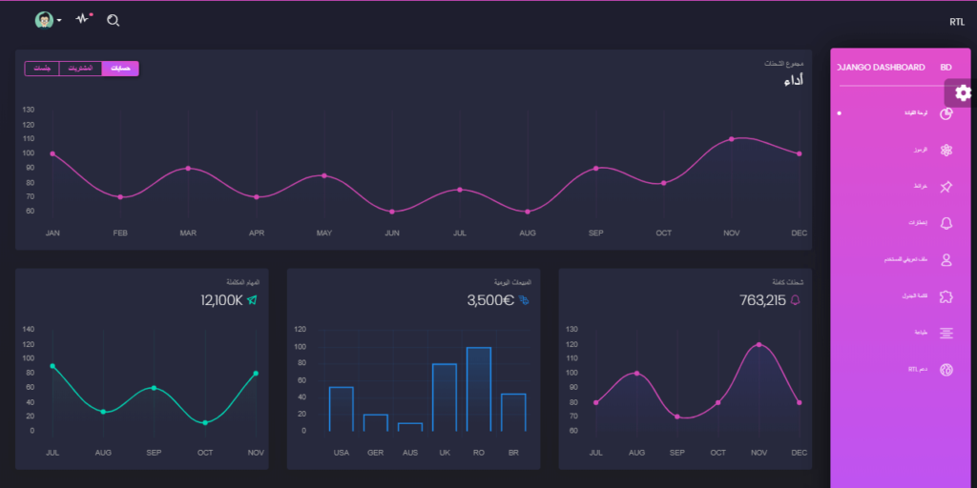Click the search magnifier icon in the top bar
[x=114, y=20]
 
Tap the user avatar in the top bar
[x=44, y=20]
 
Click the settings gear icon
[x=963, y=92]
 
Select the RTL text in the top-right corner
[x=957, y=22]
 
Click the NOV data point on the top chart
[x=732, y=139]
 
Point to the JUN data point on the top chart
[x=392, y=212]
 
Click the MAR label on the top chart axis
[x=188, y=233]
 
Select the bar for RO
[x=479, y=389]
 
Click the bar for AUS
[x=410, y=427]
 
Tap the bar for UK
[x=445, y=396]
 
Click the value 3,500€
[x=490, y=300]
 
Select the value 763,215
[x=762, y=300]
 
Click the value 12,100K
[x=221, y=300]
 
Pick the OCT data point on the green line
[x=205, y=422]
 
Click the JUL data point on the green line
[x=52, y=366]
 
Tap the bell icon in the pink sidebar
[x=946, y=223]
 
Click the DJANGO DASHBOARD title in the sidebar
[x=881, y=68]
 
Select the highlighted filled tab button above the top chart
[x=120, y=69]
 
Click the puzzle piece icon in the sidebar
[x=946, y=296]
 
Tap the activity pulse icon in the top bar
[x=83, y=19]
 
